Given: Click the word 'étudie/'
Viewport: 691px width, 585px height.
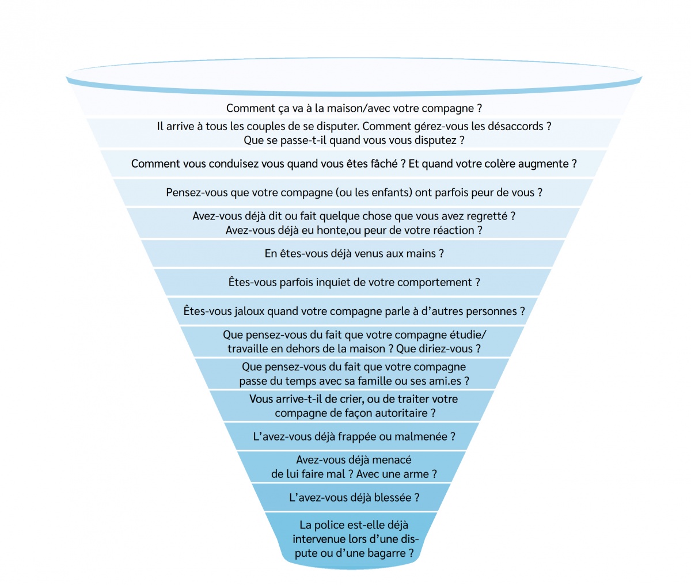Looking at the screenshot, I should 468,335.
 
